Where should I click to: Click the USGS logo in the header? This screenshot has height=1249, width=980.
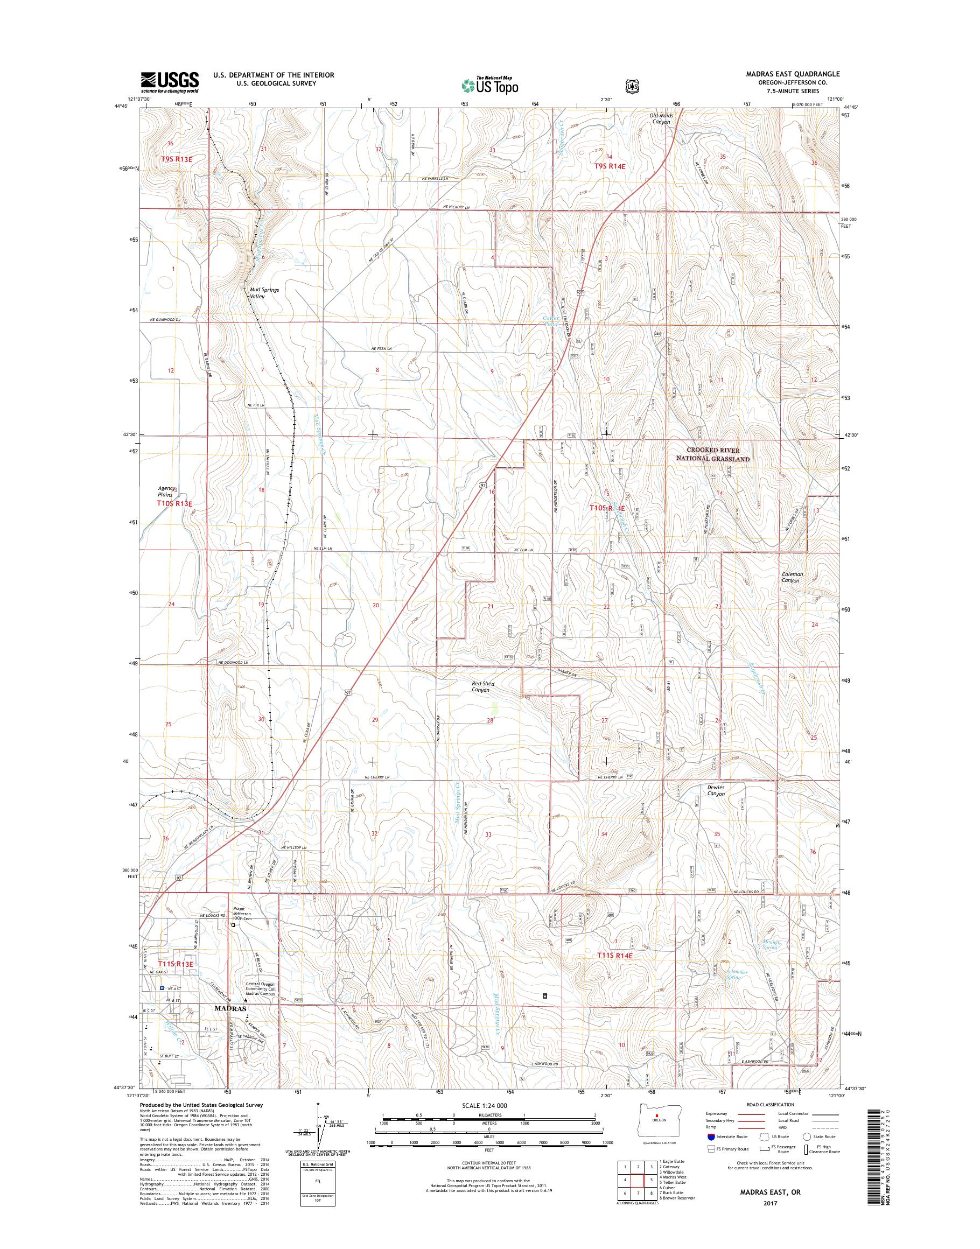point(170,82)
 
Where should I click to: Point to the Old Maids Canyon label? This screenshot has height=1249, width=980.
point(661,119)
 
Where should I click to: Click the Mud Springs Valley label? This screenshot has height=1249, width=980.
point(264,293)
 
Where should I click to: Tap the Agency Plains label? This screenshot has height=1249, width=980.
point(167,492)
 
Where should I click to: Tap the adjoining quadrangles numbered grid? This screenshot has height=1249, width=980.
point(636,1177)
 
